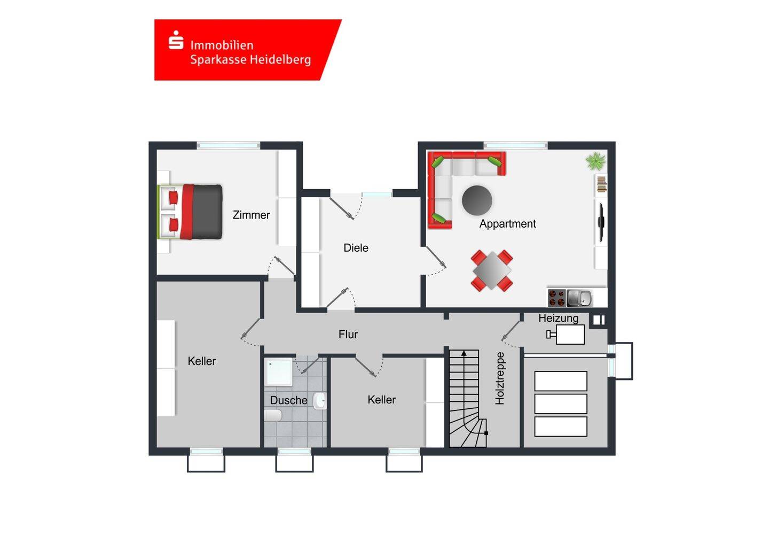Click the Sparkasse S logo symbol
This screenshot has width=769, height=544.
coord(176,40)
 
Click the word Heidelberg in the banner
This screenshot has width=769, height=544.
coord(280,60)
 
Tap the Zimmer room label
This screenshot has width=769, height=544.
coord(252,215)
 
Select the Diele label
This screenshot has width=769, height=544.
coord(356,247)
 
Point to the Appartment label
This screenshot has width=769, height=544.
coord(507,224)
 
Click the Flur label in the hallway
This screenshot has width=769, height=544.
coord(348,334)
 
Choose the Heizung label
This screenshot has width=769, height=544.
coord(558,318)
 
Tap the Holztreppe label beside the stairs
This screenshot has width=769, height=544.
coord(500,378)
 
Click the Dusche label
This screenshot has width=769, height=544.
coord(288,400)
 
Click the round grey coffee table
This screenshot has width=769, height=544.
coord(477,200)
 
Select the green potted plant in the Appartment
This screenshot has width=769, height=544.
coord(596,161)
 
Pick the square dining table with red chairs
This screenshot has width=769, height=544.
coord(492,270)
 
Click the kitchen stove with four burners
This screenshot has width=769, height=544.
coord(556,298)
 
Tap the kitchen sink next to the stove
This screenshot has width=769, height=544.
coord(579,298)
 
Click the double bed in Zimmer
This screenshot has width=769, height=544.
coord(190,212)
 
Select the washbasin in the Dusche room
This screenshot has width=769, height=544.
coord(319,400)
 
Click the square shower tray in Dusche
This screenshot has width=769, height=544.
coord(278,372)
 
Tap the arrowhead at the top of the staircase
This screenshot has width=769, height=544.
coord(464,353)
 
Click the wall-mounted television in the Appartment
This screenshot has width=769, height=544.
coord(601,222)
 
